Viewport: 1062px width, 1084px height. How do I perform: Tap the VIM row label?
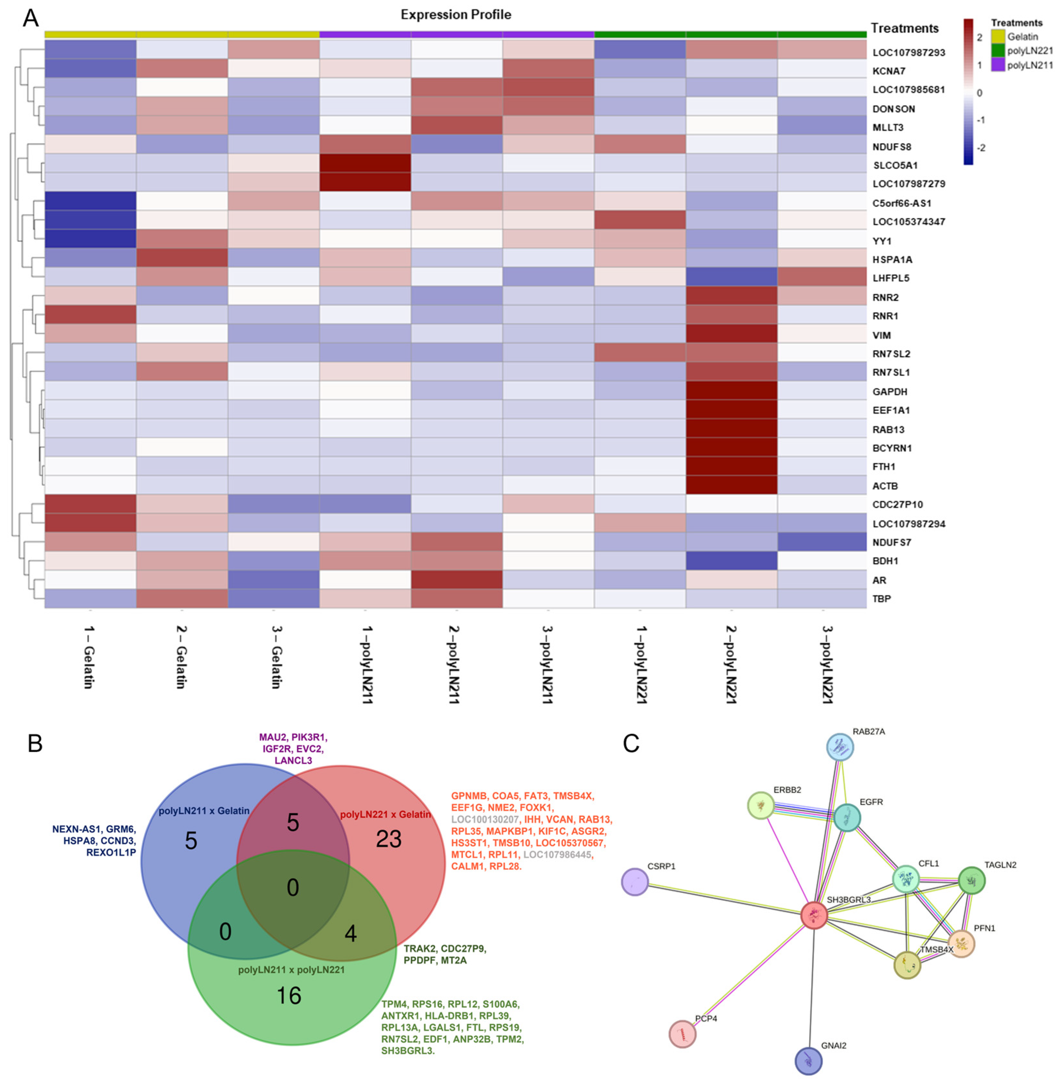click(x=882, y=335)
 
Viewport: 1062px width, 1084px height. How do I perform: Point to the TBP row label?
click(x=882, y=598)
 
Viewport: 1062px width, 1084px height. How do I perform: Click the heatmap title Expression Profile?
click(x=456, y=15)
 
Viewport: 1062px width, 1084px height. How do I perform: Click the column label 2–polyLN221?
click(x=731, y=664)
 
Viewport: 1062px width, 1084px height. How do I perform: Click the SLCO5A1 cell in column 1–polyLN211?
click(x=365, y=163)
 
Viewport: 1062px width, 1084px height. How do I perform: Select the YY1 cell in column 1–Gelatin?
click(x=90, y=239)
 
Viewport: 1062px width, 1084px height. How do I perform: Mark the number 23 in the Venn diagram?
click(x=388, y=839)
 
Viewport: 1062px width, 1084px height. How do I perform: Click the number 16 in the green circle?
click(x=289, y=995)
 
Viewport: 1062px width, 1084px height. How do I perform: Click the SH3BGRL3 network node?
click(x=814, y=915)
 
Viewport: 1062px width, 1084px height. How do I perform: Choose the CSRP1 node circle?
click(x=634, y=882)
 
